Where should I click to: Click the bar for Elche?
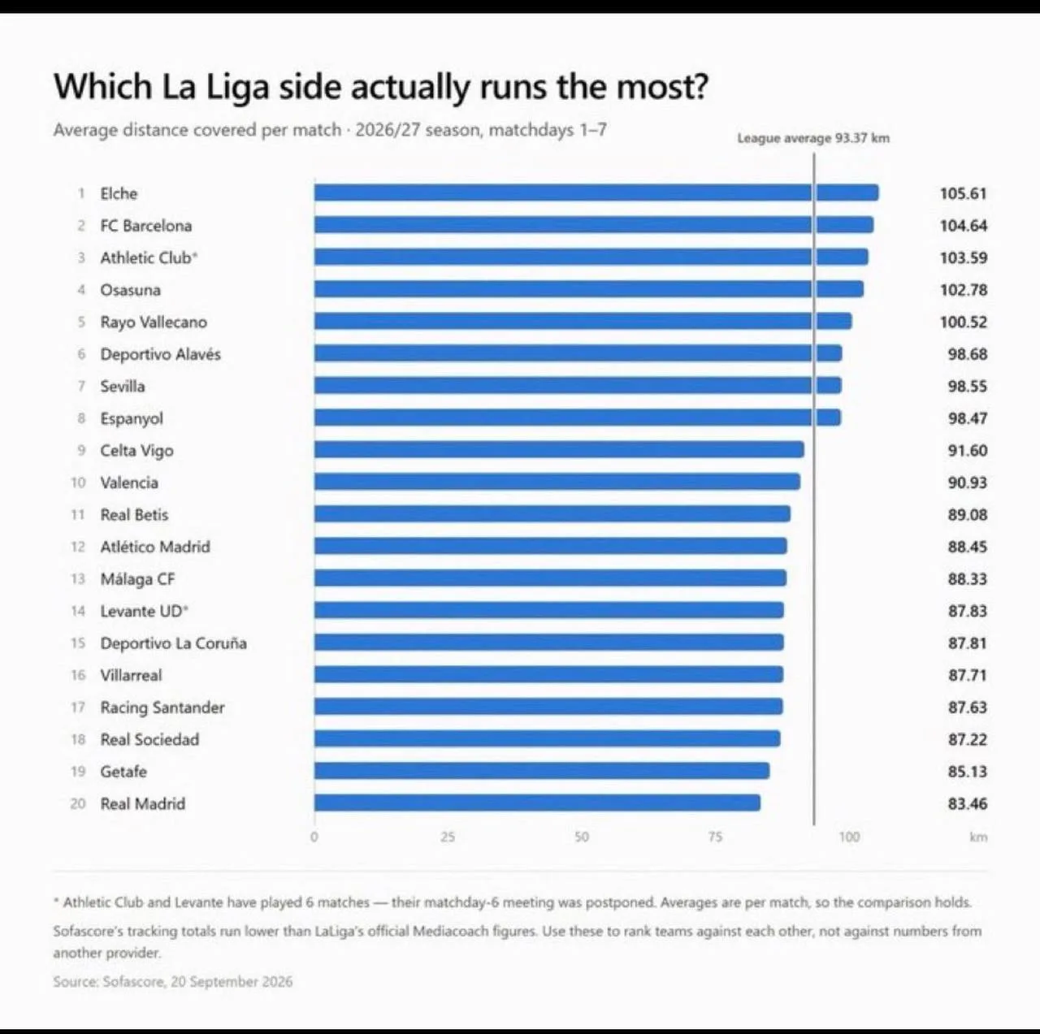596,193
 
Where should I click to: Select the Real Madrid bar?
538,803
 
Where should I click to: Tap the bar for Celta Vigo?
559,449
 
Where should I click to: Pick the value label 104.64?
964,226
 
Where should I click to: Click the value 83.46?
967,803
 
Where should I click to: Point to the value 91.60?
967,450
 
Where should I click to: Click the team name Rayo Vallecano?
154,322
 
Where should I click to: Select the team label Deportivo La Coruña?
173,643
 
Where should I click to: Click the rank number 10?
78,482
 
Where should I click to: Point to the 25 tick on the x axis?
448,837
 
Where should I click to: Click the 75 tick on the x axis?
715,837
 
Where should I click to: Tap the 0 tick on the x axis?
314,837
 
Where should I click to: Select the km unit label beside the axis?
978,837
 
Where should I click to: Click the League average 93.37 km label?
813,138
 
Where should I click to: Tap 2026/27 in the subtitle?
388,130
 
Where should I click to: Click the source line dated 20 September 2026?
173,981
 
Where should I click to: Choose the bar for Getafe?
542,771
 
